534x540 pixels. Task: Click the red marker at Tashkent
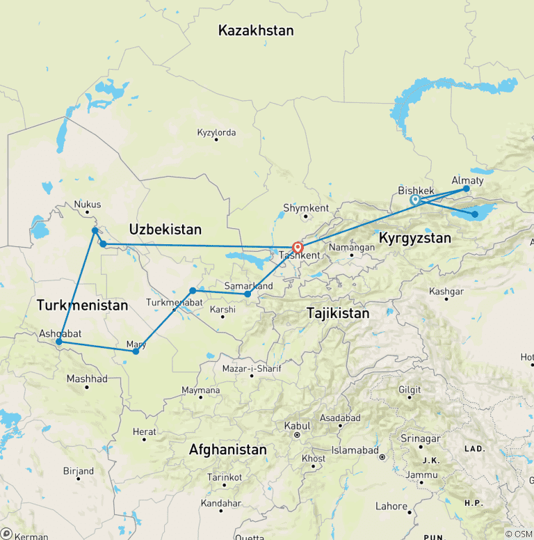(298, 247)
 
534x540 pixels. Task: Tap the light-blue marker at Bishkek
(415, 200)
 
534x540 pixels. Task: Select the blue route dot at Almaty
(467, 189)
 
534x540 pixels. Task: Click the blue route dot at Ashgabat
(59, 342)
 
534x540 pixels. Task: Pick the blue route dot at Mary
(136, 351)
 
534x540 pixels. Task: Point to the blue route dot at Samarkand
(247, 294)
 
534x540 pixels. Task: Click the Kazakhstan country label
(256, 31)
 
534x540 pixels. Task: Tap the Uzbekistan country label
(165, 229)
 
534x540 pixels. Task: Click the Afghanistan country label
(227, 450)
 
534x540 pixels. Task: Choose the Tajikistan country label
(338, 314)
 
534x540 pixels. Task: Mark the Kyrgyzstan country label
(414, 238)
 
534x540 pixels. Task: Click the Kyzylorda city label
(216, 132)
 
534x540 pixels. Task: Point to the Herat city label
(145, 432)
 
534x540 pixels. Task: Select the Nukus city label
(88, 205)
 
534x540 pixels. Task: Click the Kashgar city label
(446, 291)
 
